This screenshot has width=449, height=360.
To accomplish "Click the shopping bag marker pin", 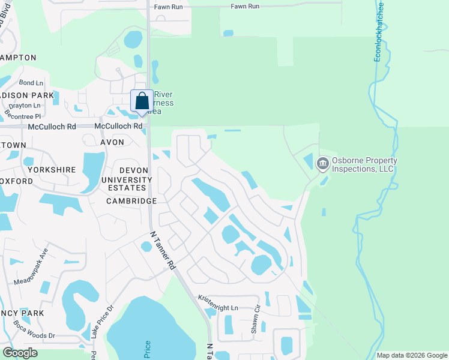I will [142, 101].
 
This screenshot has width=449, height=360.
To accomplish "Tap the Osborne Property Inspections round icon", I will [322, 163].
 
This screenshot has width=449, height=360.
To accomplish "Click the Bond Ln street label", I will [31, 83].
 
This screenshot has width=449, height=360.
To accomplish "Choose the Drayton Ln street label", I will [28, 105].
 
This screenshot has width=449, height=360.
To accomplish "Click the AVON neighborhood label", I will [112, 142].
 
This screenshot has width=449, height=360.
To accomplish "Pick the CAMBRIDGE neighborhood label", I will [131, 201].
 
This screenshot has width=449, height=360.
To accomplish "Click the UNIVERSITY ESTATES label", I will [127, 184].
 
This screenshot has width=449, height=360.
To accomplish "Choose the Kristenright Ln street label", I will [218, 302].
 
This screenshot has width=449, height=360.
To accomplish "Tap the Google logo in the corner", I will [20, 353].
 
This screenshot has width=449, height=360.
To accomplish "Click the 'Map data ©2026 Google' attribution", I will [412, 355].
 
